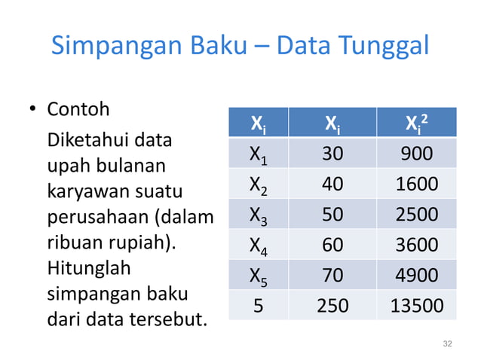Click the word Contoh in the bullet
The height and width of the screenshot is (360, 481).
pos(78,109)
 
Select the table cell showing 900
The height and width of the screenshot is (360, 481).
pos(416,154)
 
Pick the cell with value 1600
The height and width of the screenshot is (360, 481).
pos(416,185)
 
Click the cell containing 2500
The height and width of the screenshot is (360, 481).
pos(416,215)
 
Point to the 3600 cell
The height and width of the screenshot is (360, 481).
pos(416,245)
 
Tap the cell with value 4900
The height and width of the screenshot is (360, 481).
pos(416,275)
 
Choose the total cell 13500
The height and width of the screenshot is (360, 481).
pos(416,305)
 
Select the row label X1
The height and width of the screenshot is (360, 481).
pos(258,155)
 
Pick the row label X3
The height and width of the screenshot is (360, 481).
pos(258,215)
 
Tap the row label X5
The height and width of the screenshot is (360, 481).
pos(258,276)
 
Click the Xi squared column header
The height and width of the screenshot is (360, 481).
pos(416,123)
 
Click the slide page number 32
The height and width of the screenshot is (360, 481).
pos(448,344)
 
